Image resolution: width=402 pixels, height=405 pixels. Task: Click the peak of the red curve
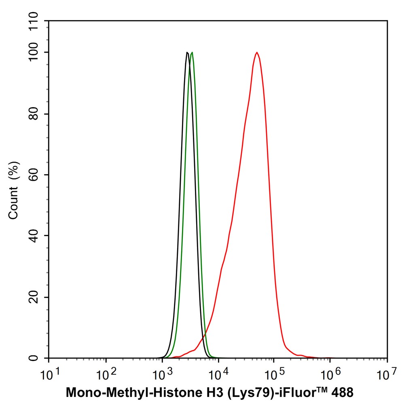tap(256, 53)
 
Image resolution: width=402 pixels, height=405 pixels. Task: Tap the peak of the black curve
tap(187, 53)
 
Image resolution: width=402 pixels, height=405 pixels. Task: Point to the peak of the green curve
tap(192, 53)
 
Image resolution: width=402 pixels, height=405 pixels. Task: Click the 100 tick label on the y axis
tap(36, 53)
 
